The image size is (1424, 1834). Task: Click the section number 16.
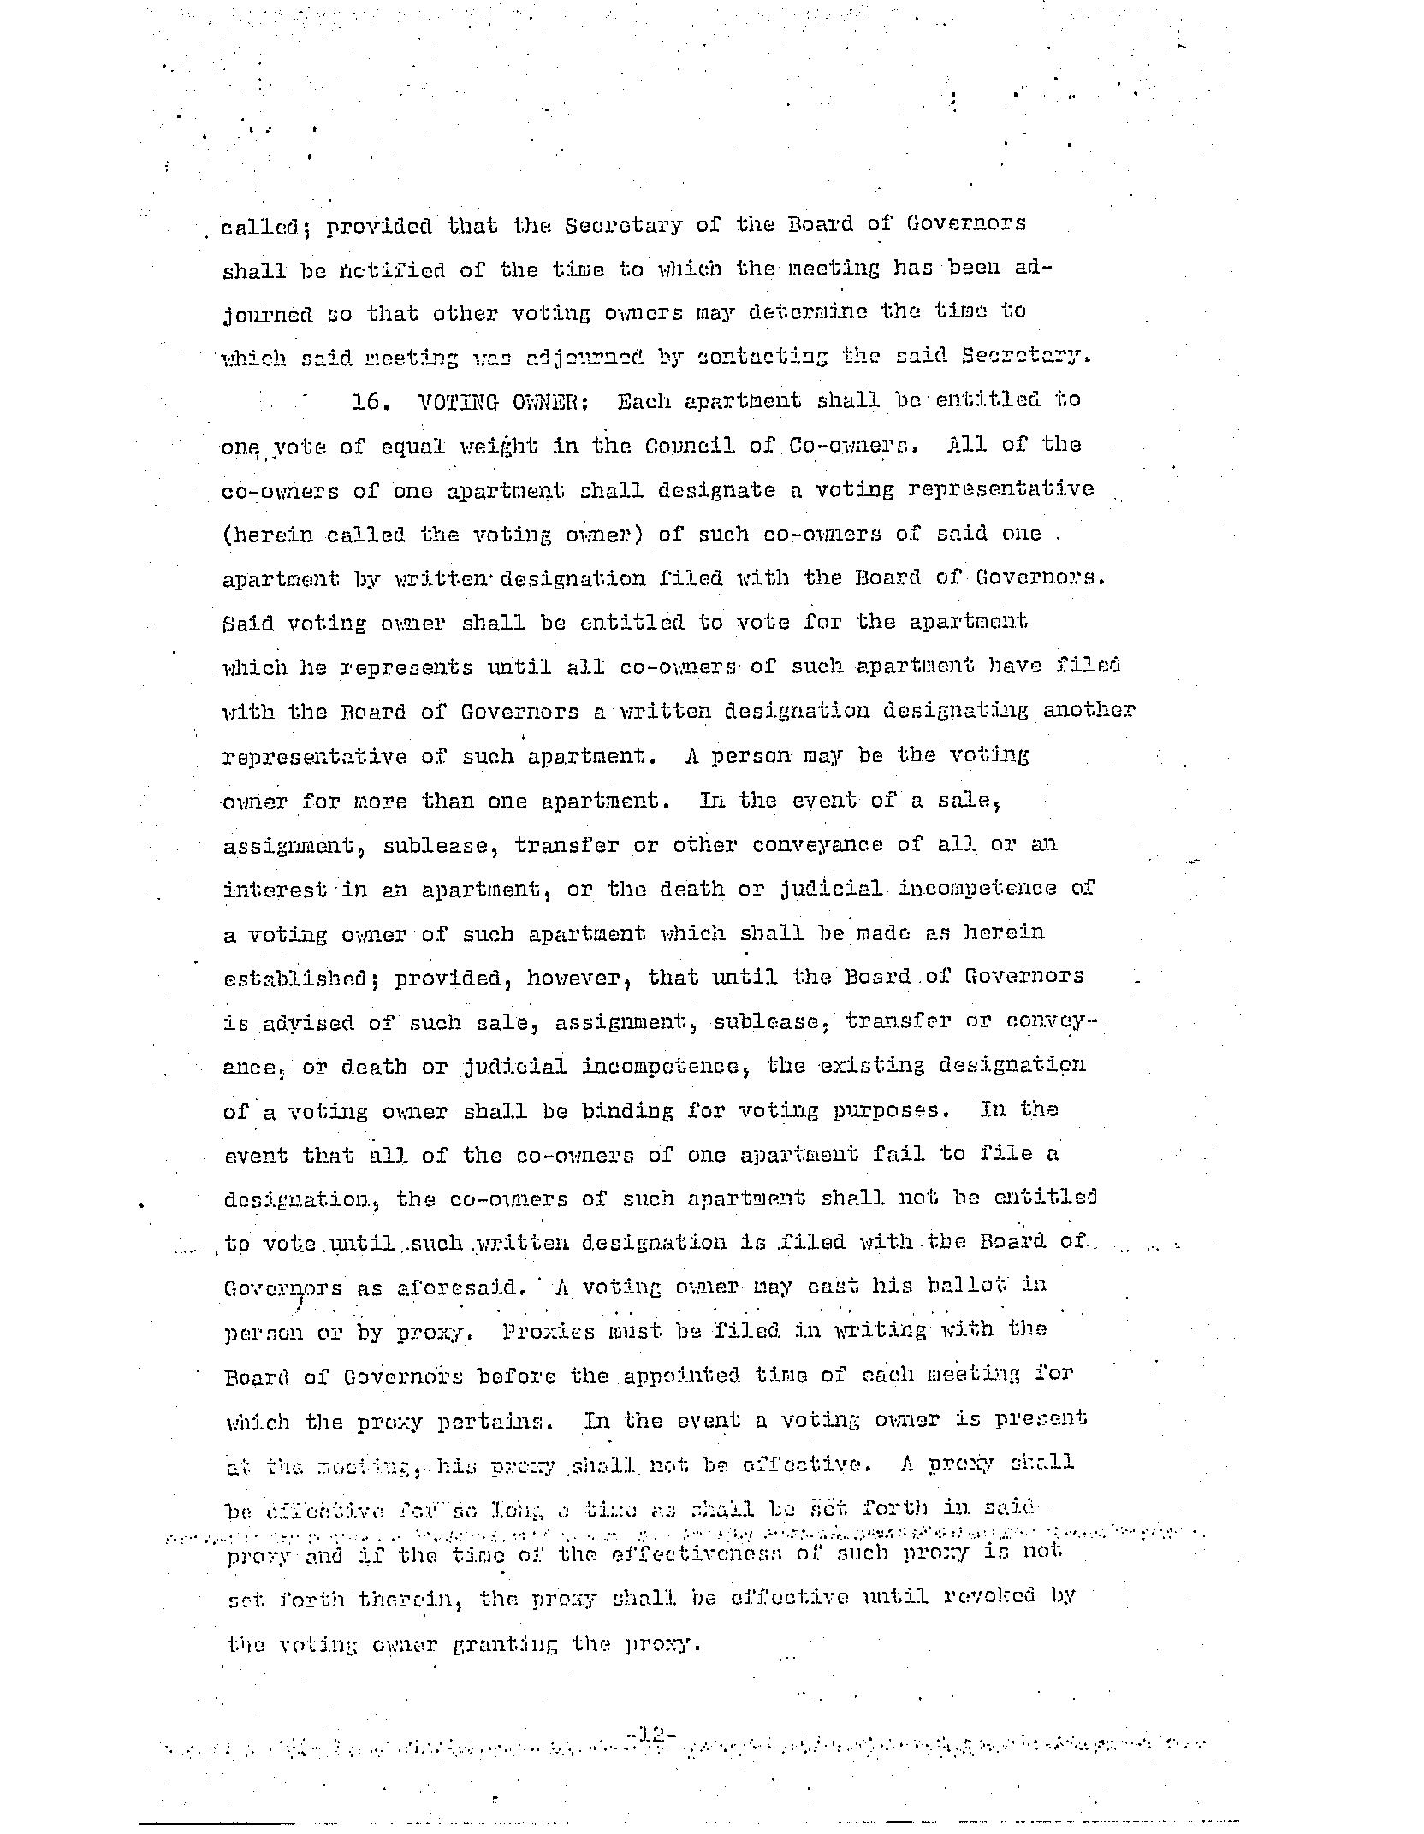point(367,401)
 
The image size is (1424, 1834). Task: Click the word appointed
point(680,1375)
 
